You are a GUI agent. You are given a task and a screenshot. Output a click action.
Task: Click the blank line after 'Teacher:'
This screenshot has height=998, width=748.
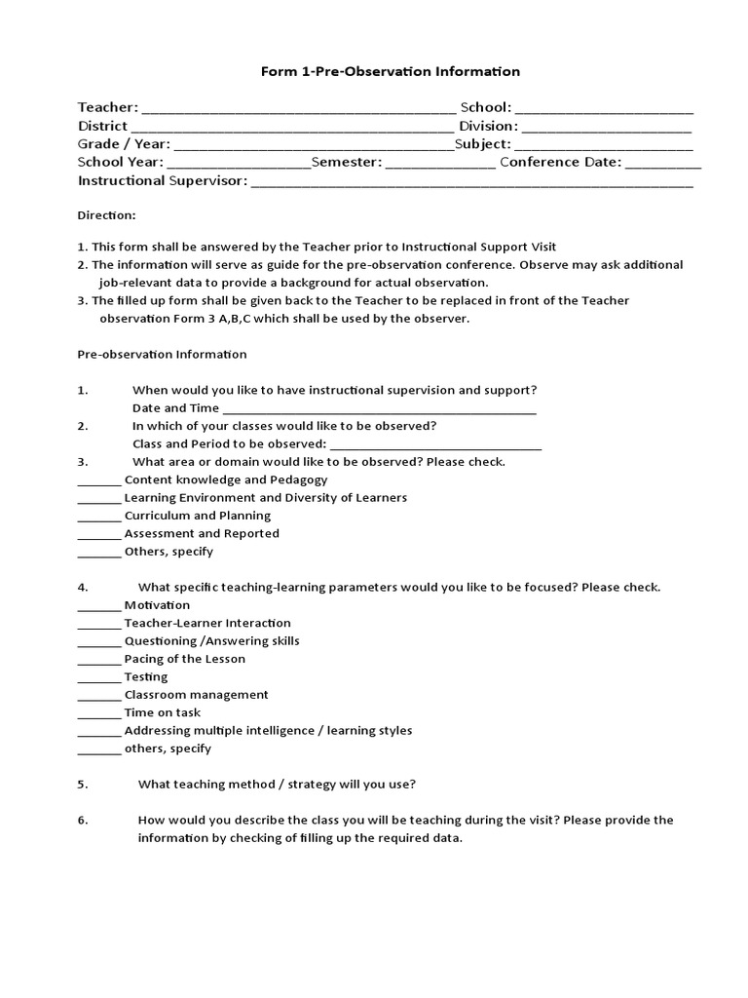pos(298,109)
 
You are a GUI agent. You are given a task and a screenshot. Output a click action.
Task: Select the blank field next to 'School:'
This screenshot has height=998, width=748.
pos(604,109)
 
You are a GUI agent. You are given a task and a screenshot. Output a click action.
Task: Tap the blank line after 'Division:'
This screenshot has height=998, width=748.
pos(607,127)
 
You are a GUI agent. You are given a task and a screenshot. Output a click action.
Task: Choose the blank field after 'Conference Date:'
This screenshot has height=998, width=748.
pos(662,163)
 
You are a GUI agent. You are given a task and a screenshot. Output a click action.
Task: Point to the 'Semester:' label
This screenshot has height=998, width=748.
pos(346,162)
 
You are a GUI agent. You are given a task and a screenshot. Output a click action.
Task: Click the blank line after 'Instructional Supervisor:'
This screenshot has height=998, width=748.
pos(472,181)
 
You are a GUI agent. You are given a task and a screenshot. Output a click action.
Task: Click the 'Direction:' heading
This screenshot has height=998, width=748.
pos(106,214)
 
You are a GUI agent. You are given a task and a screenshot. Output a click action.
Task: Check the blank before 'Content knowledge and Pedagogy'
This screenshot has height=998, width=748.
pos(98,481)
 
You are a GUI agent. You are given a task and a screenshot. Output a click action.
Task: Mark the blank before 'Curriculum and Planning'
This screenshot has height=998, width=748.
pos(98,517)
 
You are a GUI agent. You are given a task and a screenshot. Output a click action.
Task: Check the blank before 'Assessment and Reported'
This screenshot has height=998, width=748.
pos(98,535)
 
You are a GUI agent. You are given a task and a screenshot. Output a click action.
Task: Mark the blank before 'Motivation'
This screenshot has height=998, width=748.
pos(98,606)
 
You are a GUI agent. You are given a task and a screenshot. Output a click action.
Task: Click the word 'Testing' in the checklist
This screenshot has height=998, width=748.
pos(146,676)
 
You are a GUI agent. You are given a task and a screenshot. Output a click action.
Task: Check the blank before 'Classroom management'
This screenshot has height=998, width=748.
pos(98,696)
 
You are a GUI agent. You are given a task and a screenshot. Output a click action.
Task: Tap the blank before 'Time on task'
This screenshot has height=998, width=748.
pos(98,714)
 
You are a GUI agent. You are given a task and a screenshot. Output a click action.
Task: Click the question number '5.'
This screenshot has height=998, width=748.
pos(83,784)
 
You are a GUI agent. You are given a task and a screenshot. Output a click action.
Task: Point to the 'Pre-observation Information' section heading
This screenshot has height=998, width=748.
pos(162,354)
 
